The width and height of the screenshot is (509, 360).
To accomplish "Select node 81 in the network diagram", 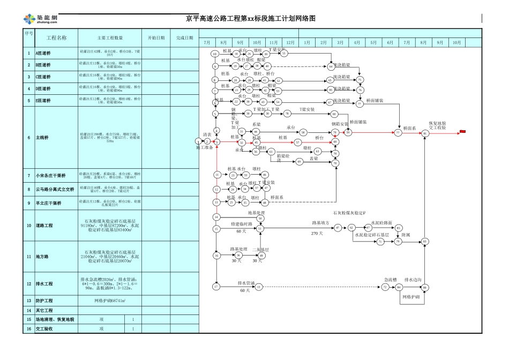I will pyautogui.click(x=425, y=132).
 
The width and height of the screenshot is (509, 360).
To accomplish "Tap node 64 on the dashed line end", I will pyautogui.click(x=331, y=66).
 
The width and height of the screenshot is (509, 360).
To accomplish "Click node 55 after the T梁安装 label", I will pyautogui.click(x=285, y=53).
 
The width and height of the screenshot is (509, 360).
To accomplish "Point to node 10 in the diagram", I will pyautogui.click(x=214, y=54).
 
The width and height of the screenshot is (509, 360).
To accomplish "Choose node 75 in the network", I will pyautogui.click(x=360, y=79).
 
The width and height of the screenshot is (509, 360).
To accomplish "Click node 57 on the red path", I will pyautogui.click(x=298, y=142).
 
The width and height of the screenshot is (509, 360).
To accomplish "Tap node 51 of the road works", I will pyautogui.click(x=260, y=228).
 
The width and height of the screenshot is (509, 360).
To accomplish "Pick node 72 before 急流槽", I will pyautogui.click(x=385, y=288).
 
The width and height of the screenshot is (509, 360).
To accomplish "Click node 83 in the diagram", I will pyautogui.click(x=425, y=242).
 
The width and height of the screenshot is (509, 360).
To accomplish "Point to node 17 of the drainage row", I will pyautogui.click(x=216, y=287).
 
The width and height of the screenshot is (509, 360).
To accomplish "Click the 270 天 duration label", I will pyautogui.click(x=317, y=234).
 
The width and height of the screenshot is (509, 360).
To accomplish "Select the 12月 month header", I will pyautogui.click(x=290, y=42).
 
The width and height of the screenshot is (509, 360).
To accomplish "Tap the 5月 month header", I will pyautogui.click(x=373, y=42).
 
